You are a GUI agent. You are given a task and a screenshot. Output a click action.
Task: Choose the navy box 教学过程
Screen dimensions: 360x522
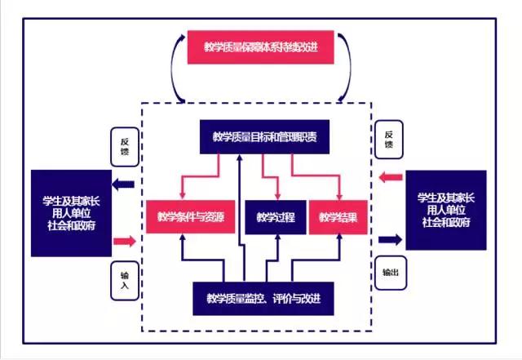click(x=275, y=217)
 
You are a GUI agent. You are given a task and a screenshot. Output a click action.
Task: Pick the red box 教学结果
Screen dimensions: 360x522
click(x=338, y=217)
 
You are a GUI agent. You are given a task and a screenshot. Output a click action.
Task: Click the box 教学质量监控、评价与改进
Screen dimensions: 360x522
click(x=263, y=298)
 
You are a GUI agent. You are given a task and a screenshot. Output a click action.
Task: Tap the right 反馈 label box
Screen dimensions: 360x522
click(x=389, y=140)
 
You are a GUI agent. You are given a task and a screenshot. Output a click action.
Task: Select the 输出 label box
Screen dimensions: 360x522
click(x=389, y=273)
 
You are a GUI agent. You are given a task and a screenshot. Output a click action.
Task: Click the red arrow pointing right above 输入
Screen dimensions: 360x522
click(x=123, y=241)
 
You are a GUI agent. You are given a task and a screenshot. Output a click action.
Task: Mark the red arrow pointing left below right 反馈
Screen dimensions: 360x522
click(x=390, y=176)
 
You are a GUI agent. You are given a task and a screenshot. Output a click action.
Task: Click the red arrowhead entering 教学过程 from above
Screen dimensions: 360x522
click(x=278, y=196)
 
